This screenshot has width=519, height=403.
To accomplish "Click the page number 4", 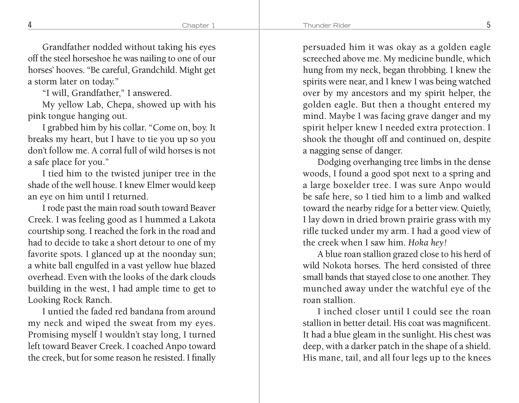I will [x=30, y=25].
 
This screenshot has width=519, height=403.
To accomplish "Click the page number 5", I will [x=488, y=25].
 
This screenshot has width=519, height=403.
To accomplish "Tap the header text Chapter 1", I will [x=198, y=26].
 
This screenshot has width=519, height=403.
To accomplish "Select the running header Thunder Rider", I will [x=327, y=26].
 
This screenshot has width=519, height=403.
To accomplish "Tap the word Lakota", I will [x=202, y=220].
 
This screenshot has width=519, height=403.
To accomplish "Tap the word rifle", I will [x=310, y=231].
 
